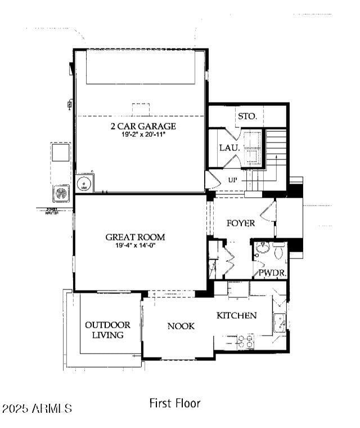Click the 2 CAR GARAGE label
[143, 126]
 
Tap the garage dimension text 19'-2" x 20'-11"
[143, 135]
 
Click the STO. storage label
[247, 116]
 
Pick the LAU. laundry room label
[229, 148]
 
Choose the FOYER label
[241, 223]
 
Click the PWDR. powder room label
[272, 273]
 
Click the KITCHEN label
[237, 315]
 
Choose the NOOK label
[181, 326]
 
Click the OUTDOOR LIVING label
[107, 330]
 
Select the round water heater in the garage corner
[84, 184]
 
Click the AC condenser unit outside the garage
[61, 193]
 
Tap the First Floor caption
[174, 403]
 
